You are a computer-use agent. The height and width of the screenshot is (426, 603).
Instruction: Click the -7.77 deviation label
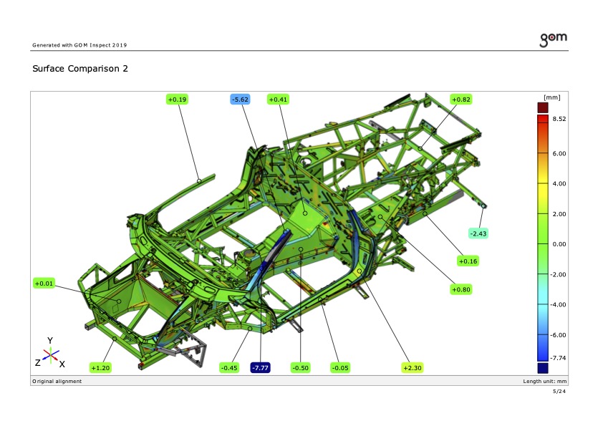coord(261,368)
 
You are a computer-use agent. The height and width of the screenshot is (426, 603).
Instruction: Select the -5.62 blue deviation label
coord(241,100)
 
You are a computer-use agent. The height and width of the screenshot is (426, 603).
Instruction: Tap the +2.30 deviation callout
coord(413,368)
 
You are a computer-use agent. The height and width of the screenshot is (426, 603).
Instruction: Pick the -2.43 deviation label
coord(478,233)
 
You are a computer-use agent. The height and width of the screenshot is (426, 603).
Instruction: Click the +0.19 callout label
coord(177,100)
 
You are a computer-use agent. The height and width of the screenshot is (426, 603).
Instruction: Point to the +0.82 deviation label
coord(460,100)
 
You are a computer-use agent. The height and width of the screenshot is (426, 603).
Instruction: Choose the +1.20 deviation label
coord(100,368)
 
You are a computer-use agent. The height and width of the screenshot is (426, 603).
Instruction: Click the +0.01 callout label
coord(44,284)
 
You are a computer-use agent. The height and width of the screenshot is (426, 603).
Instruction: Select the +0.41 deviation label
coord(278,100)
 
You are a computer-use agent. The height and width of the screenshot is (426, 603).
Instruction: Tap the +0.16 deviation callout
coord(468,261)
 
